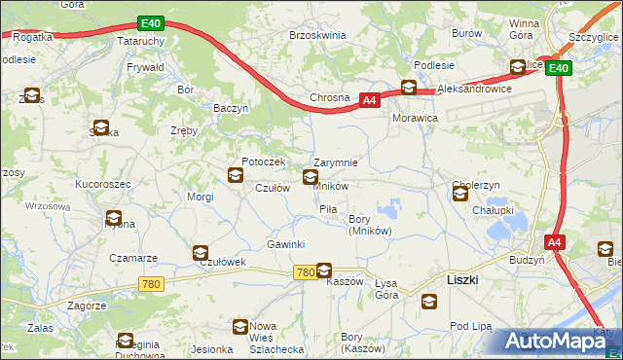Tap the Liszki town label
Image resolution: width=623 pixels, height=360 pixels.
coord(461,278)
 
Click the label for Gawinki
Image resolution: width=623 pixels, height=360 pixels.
coord(286,244)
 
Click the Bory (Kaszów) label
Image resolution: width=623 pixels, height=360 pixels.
coord(362,342)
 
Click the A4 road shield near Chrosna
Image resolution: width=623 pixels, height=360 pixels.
coord(369,99)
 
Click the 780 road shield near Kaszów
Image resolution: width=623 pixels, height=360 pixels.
coord(304,272)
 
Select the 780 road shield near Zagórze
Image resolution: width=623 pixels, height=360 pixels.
coord(150,284)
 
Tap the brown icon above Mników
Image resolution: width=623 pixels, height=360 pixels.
coord(311,176)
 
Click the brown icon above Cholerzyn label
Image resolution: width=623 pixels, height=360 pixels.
coord(459,195)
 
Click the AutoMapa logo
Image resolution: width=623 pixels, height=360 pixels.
coord(560,341)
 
